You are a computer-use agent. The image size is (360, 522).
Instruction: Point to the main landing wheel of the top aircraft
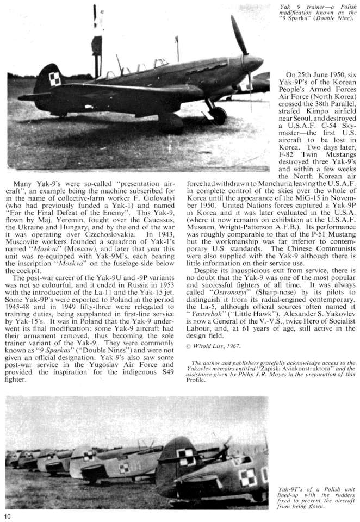(x=218, y=115)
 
